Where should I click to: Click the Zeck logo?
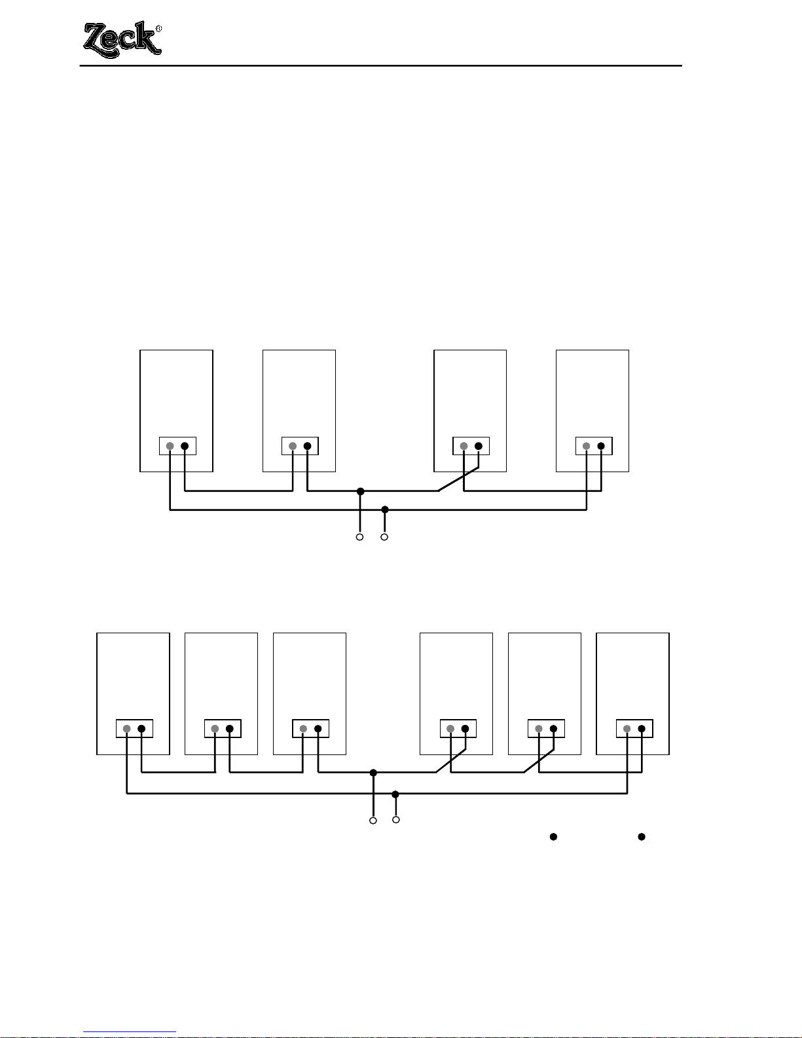121,39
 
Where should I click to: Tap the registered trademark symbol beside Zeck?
158,29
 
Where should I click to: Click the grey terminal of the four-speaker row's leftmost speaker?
170,447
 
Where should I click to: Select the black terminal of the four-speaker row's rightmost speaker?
601,447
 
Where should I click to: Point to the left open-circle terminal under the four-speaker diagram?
359,537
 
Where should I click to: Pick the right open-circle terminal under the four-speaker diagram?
384,537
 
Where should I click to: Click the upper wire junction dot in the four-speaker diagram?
360,491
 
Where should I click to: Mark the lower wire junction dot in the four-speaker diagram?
385,510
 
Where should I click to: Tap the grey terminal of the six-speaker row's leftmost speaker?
126,729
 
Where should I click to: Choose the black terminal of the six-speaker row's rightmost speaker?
642,729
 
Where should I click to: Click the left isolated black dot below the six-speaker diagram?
553,836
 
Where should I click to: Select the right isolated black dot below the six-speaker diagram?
642,836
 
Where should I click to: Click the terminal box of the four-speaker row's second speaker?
300,446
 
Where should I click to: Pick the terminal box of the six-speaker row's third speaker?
310,728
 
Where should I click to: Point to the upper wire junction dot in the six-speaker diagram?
373,773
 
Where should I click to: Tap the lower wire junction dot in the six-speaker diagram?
395,794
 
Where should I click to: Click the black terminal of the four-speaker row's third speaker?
479,447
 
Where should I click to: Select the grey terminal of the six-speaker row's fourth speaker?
450,729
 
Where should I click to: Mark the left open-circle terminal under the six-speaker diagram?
373,820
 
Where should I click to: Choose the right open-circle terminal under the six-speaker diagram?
395,819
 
